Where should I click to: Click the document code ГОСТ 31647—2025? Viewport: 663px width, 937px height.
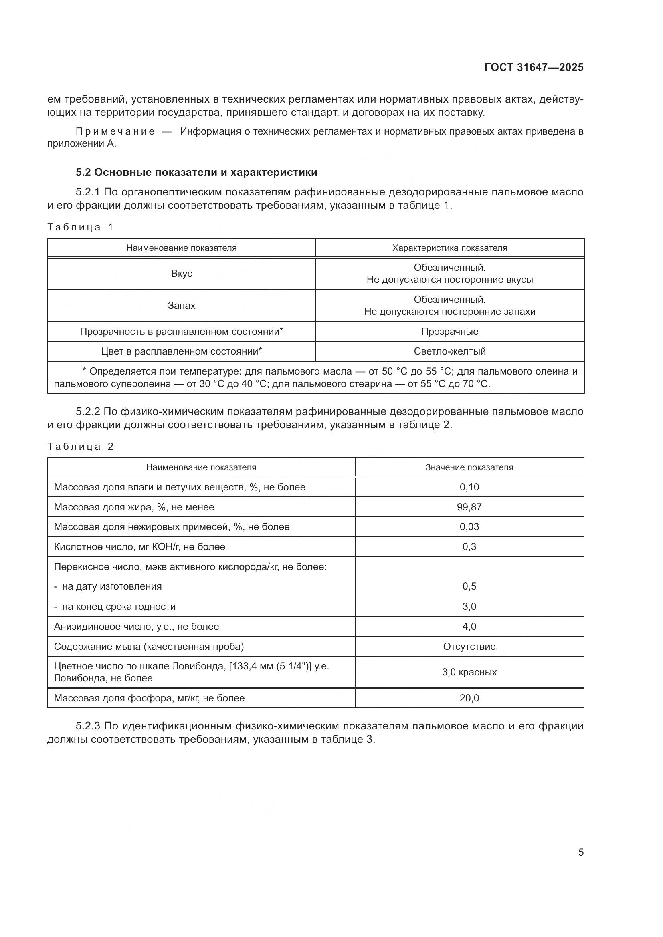click(x=534, y=67)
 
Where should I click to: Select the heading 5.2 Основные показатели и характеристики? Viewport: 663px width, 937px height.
click(x=196, y=172)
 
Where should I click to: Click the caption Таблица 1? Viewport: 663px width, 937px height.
click(x=80, y=227)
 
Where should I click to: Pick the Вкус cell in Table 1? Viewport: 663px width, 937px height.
click(x=181, y=274)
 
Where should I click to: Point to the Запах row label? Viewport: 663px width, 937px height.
click(x=181, y=305)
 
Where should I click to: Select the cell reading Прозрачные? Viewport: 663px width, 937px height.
click(x=449, y=331)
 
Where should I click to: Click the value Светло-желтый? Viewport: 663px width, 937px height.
click(x=449, y=351)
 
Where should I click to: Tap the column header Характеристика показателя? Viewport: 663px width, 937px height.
click(x=449, y=248)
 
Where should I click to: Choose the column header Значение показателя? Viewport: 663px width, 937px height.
click(x=469, y=467)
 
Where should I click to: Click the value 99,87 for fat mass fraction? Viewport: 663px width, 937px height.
click(x=469, y=507)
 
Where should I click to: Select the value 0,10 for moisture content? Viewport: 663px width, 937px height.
click(x=469, y=487)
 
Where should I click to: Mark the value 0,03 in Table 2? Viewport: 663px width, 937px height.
click(x=469, y=526)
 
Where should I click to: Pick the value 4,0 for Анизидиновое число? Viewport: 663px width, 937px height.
click(x=469, y=626)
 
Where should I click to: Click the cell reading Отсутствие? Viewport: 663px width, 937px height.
click(x=469, y=646)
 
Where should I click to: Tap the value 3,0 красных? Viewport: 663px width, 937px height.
click(x=469, y=672)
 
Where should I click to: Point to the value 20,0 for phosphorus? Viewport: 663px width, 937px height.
click(x=469, y=698)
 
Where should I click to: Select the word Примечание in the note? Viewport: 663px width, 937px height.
click(x=115, y=131)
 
